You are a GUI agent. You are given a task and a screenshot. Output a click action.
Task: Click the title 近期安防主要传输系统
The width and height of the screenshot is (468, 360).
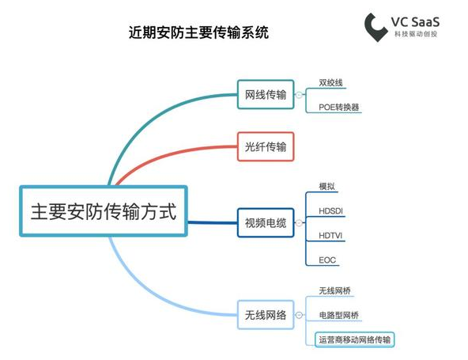tap(198, 32)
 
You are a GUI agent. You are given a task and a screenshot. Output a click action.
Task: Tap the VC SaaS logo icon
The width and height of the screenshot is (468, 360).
tap(376, 27)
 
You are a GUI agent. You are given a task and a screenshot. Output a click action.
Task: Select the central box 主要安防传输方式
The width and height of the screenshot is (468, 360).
tap(104, 211)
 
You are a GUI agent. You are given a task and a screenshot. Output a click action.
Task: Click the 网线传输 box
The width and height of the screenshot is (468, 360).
tap(266, 94)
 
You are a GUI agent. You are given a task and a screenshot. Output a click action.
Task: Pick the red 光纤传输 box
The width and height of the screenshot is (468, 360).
tap(266, 146)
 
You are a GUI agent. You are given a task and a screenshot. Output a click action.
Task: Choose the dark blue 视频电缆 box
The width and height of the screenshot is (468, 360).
tap(266, 223)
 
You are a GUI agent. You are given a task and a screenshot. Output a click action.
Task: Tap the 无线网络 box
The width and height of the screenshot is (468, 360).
tap(266, 315)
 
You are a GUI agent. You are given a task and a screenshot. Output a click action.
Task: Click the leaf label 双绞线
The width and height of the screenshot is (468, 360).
tap(330, 83)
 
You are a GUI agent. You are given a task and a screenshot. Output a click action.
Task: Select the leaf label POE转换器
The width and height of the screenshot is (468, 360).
tap(339, 107)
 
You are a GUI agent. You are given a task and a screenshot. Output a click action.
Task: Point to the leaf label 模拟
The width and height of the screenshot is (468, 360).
tap(326, 187)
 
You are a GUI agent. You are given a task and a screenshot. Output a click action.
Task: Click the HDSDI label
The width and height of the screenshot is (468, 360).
tap(330, 211)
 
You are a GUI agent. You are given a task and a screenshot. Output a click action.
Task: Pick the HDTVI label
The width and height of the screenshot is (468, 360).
tap(330, 236)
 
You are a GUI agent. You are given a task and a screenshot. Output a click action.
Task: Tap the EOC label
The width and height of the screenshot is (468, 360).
tap(327, 260)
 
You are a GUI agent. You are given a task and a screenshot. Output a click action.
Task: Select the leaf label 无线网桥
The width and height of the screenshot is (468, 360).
tap(334, 290)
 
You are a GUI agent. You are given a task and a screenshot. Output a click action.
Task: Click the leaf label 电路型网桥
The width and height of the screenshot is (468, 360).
tap(339, 315)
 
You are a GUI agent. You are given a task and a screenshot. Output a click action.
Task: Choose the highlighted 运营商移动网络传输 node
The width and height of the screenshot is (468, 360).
tap(355, 339)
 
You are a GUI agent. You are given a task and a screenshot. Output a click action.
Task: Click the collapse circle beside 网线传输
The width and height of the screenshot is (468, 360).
tap(299, 95)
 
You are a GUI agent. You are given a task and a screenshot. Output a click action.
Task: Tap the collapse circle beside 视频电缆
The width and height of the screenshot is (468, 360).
tap(299, 223)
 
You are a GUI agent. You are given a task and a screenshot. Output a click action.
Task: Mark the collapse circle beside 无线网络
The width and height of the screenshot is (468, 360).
tap(299, 315)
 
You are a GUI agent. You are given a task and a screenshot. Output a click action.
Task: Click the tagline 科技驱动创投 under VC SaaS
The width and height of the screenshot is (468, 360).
tap(416, 34)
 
